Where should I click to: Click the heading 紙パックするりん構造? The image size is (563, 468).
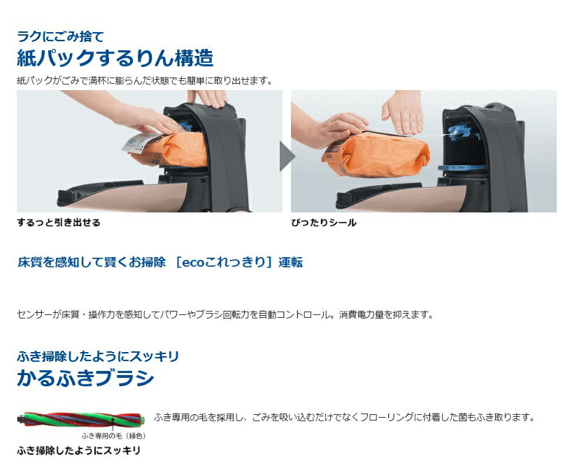(115, 58)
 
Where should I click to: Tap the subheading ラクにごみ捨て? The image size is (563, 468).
(60, 36)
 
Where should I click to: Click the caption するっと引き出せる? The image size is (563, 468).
(59, 223)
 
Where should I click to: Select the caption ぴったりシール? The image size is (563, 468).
(324, 223)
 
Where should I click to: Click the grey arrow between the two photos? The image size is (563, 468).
(287, 156)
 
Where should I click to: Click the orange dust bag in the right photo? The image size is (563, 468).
(377, 155)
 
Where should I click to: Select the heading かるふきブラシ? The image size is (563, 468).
(85, 378)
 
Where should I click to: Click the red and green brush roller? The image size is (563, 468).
(82, 419)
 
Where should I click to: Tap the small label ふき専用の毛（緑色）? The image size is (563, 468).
(114, 436)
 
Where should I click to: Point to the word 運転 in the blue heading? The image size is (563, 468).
(290, 262)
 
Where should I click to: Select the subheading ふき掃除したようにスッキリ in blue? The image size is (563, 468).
(98, 356)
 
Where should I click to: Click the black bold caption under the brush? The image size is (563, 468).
(78, 451)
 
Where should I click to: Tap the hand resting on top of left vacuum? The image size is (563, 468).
(208, 98)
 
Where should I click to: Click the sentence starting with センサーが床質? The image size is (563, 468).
(225, 315)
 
